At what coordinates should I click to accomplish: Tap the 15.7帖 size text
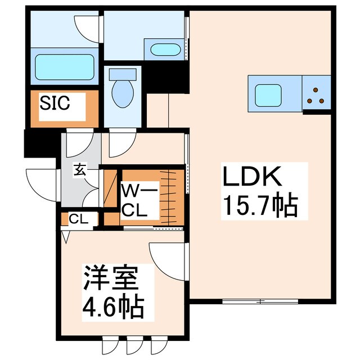click(x=259, y=207)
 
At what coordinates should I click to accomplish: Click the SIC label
click(x=54, y=103)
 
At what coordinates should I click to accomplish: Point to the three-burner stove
click(x=316, y=96)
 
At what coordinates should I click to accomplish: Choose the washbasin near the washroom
click(x=165, y=50)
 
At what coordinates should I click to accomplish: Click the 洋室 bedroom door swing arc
click(x=165, y=258)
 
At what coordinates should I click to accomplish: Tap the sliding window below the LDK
click(x=260, y=301)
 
